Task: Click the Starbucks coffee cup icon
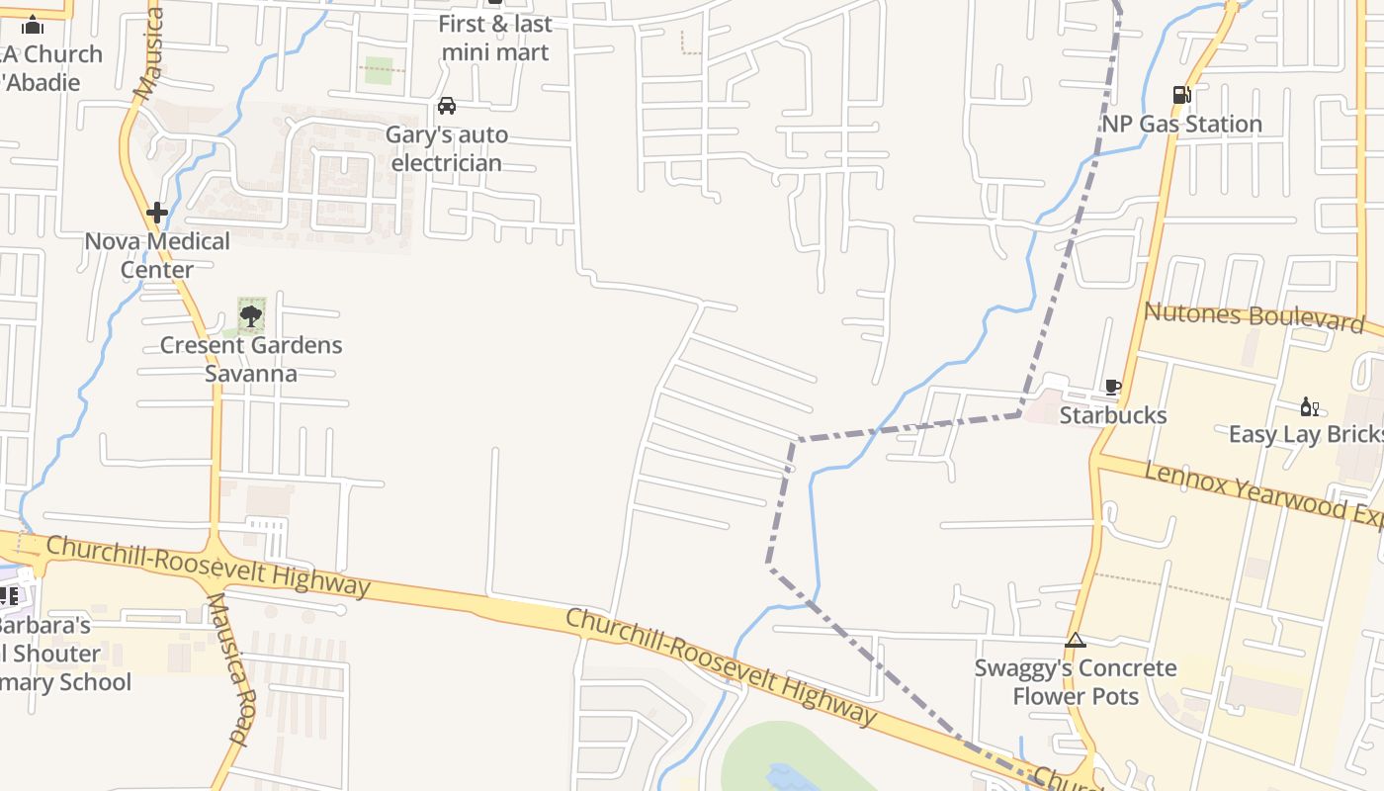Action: tap(1112, 387)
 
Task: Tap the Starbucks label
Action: tap(1112, 415)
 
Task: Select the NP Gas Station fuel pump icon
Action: tap(1181, 95)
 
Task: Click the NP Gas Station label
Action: tap(1181, 124)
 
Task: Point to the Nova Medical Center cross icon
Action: tap(156, 213)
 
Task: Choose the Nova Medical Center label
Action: tap(156, 255)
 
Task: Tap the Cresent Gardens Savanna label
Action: tap(251, 359)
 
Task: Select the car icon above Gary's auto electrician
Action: tap(447, 106)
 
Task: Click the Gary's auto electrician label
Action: tap(447, 148)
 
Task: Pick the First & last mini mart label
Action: tap(494, 38)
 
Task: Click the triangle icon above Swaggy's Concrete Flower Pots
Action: tap(1076, 641)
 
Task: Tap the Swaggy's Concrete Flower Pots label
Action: tap(1076, 682)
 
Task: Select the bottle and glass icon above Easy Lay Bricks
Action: tap(1309, 406)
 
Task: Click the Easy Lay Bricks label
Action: tap(1305, 435)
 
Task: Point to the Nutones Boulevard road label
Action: tap(1254, 317)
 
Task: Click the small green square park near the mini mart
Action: tap(379, 70)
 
